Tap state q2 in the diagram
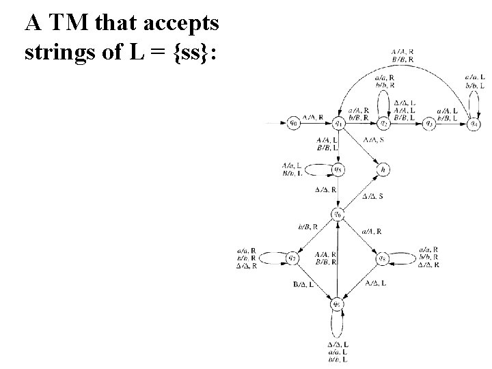click(x=384, y=124)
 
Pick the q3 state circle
click(x=429, y=124)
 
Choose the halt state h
click(x=383, y=169)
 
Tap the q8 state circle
click(x=383, y=258)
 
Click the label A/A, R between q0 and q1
click(x=314, y=116)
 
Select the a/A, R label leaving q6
click(x=370, y=232)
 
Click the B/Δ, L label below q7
click(x=303, y=284)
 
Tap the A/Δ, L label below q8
click(x=377, y=283)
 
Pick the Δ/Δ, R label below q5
click(x=324, y=189)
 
